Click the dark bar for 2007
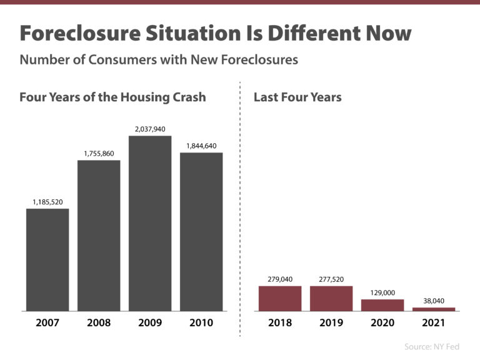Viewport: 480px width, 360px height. pyautogui.click(x=47, y=259)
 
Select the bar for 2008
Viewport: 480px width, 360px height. pyautogui.click(x=99, y=236)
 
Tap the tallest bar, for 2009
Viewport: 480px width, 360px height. pyautogui.click(x=150, y=223)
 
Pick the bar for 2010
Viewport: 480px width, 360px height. pyautogui.click(x=201, y=231)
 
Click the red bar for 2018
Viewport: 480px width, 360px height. pyautogui.click(x=280, y=298)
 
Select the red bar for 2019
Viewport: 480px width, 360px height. pyautogui.click(x=331, y=298)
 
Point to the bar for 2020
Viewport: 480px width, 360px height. pyautogui.click(x=382, y=305)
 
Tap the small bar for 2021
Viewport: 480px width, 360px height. pyautogui.click(x=434, y=309)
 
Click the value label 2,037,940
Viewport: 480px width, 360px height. pyautogui.click(x=150, y=129)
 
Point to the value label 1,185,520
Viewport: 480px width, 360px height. pyautogui.click(x=47, y=202)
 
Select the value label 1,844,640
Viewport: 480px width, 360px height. pyautogui.click(x=201, y=146)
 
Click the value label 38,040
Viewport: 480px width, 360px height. pyautogui.click(x=434, y=301)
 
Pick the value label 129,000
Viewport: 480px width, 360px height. pyautogui.click(x=382, y=292)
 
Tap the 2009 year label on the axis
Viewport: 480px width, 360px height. pyautogui.click(x=150, y=323)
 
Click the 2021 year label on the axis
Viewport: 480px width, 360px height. pyautogui.click(x=434, y=323)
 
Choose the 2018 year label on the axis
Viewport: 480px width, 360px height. pyautogui.click(x=280, y=323)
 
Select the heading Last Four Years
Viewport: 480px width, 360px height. pyautogui.click(x=297, y=97)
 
